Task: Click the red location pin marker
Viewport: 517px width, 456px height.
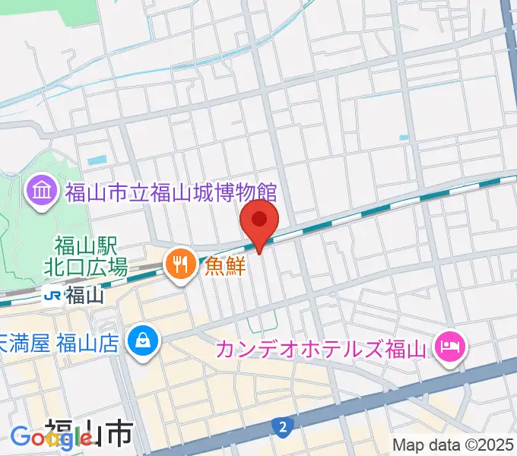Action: point(259,221)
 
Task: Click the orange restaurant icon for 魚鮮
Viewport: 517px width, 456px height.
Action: point(180,265)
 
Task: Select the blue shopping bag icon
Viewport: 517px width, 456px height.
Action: point(142,337)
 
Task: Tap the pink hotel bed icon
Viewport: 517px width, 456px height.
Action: point(451,349)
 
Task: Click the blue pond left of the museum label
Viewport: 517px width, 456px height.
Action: point(97,161)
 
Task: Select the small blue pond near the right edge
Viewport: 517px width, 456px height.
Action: point(403,138)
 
